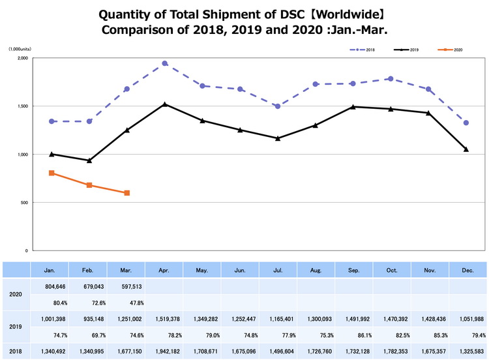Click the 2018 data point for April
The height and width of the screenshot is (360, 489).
tap(165, 63)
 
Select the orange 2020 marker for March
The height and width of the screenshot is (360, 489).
tap(126, 193)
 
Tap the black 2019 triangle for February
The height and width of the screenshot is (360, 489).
tap(89, 160)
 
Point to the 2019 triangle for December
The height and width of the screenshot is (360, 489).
tap(466, 149)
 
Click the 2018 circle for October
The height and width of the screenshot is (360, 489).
tap(391, 78)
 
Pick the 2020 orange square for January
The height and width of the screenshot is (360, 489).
tap(51, 173)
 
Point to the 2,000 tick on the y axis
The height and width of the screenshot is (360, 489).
tap(22, 58)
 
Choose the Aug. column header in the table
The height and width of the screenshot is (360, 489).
tap(316, 269)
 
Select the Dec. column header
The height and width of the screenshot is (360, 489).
tap(467, 269)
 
